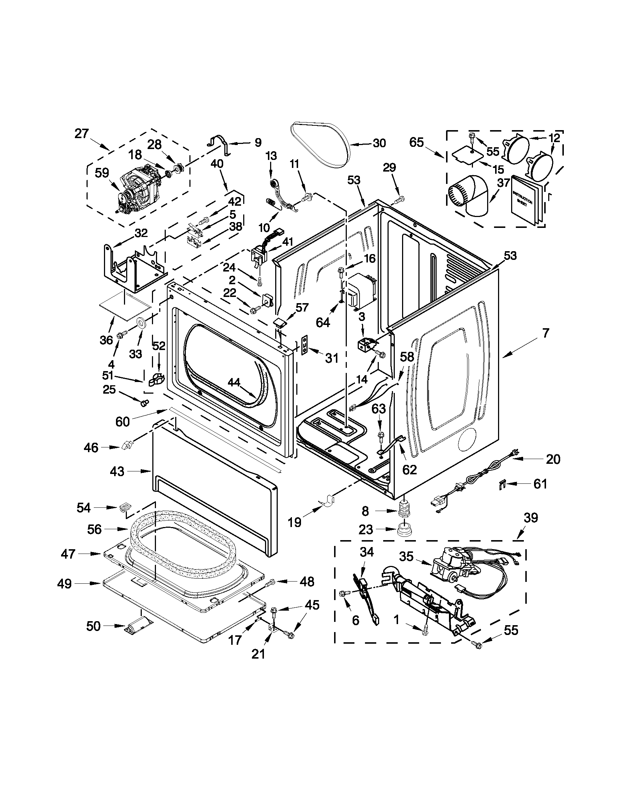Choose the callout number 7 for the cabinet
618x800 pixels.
tap(545, 333)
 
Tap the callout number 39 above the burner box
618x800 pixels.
tap(530, 518)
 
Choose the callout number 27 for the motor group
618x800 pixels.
tap(81, 134)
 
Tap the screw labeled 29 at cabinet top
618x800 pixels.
tap(400, 200)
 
